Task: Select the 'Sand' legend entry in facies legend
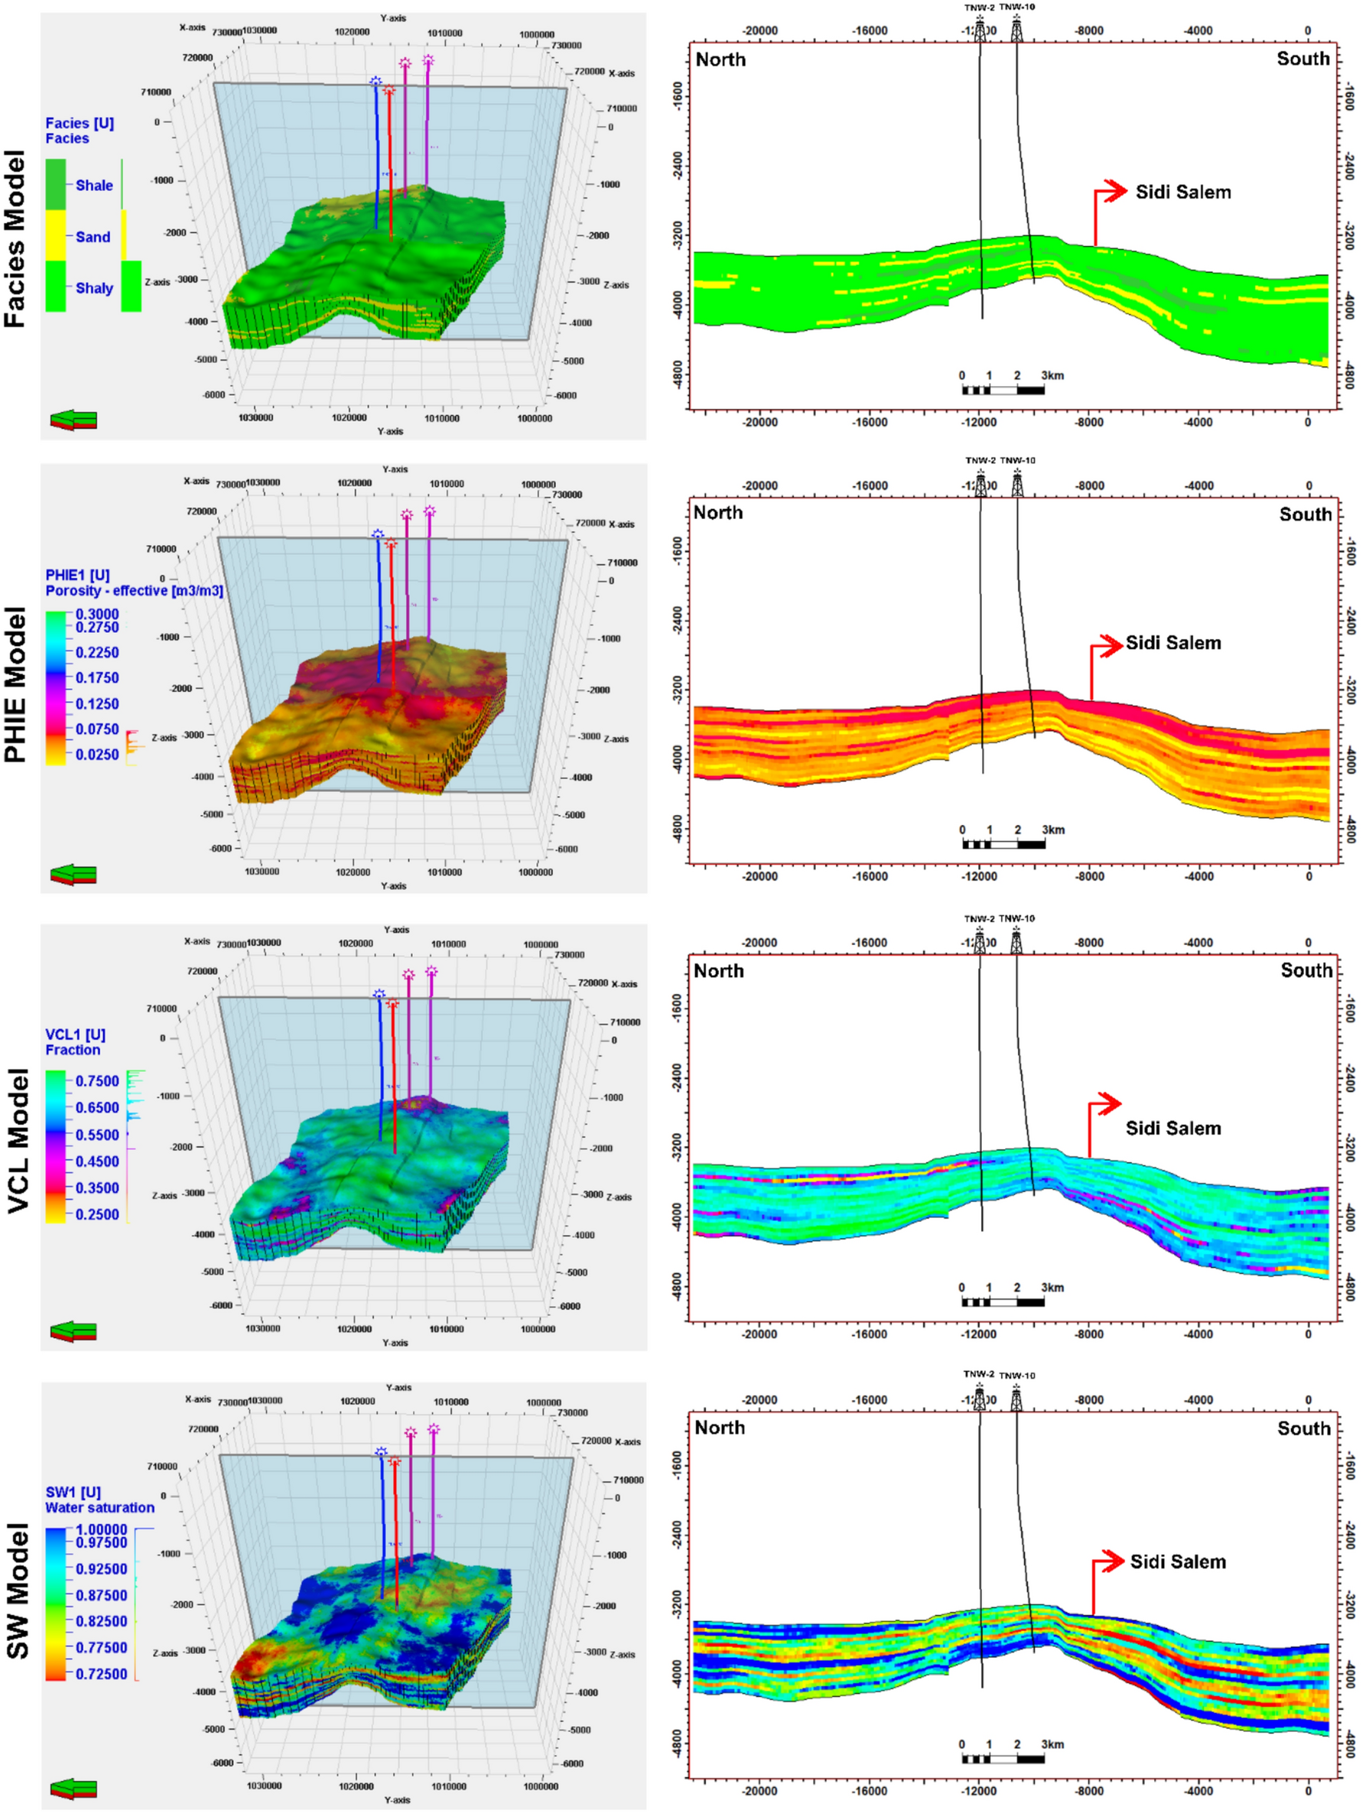[92, 237]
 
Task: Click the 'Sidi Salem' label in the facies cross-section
[1183, 193]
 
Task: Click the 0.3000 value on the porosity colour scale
[97, 614]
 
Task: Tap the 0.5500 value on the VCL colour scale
[97, 1135]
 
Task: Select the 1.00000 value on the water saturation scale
[101, 1529]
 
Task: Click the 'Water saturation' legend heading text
[99, 1507]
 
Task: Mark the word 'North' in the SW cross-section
[719, 1428]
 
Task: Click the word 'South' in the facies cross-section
[1303, 59]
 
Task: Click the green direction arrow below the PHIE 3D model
[74, 874]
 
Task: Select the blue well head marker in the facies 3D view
[375, 82]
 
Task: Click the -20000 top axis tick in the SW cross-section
[759, 1400]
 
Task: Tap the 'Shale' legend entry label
[95, 185]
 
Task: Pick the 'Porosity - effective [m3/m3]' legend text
[134, 591]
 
